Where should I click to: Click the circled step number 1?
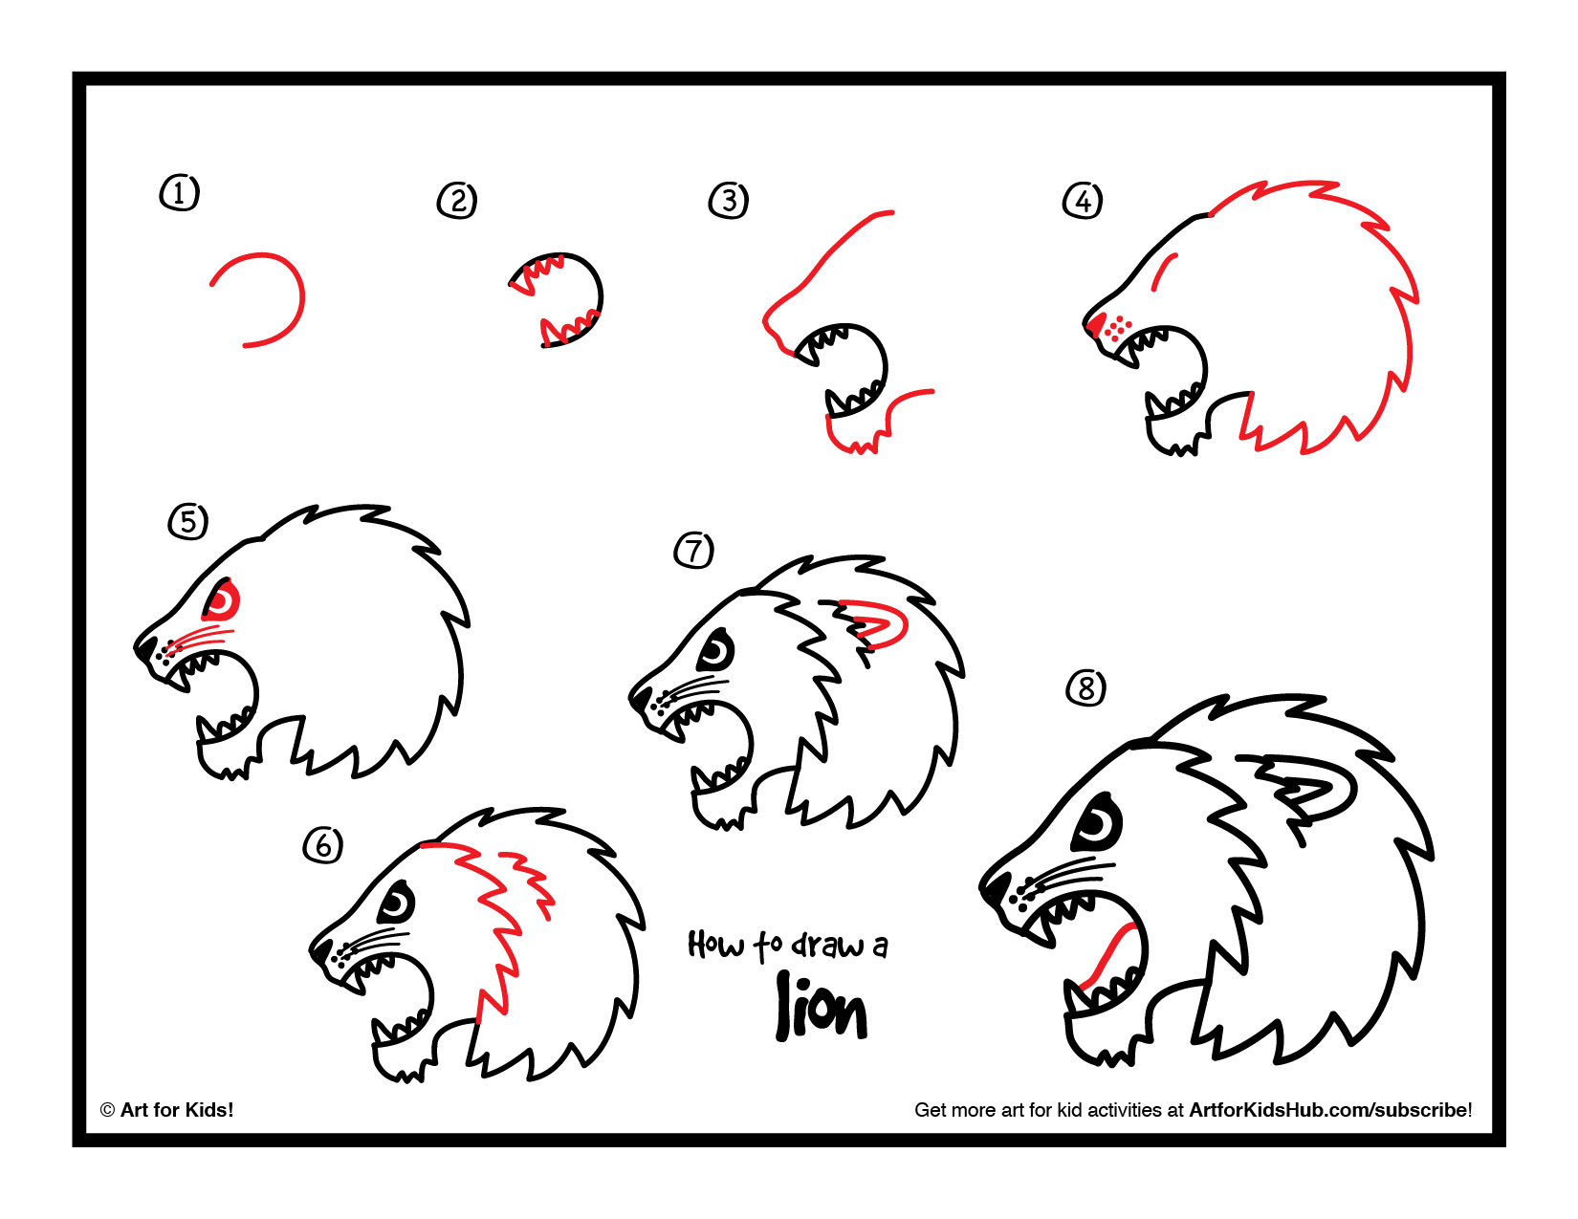[x=179, y=193]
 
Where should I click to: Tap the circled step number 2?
[x=457, y=201]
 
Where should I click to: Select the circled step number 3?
[x=729, y=201]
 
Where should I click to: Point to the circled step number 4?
[x=1083, y=201]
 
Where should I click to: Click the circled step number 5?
[x=188, y=522]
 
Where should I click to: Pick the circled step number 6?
[x=323, y=845]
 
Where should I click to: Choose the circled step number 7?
[x=694, y=551]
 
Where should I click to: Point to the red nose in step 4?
[x=1097, y=322]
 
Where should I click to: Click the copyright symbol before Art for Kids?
[x=107, y=1110]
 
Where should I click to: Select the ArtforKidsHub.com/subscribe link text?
[x=1328, y=1110]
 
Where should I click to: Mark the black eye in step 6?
[x=396, y=902]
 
